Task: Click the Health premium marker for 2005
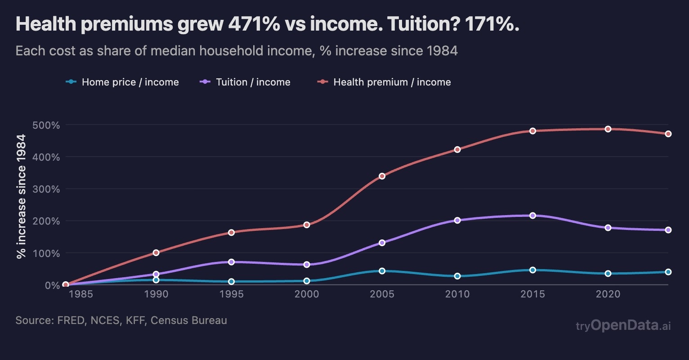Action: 382,176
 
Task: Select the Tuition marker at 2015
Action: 532,216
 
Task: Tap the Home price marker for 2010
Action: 457,276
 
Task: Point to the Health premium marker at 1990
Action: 156,252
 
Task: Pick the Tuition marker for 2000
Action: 307,265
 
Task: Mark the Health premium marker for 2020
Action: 608,129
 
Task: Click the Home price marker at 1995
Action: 231,282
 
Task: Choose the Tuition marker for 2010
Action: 457,220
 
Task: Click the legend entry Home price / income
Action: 130,82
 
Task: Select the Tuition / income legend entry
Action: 253,82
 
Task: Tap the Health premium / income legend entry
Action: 392,82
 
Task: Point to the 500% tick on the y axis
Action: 46,125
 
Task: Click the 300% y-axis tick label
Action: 46,189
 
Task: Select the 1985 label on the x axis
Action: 81,295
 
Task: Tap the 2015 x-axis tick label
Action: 532,295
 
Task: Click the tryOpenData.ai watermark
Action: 623,325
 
